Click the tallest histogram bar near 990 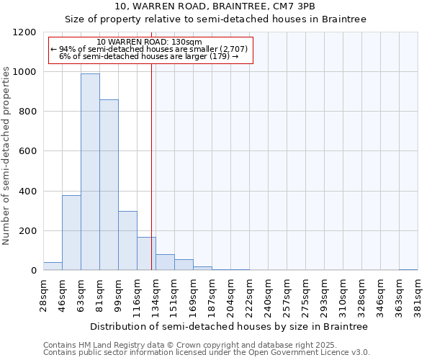tap(90, 172)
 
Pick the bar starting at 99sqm tap(127, 240)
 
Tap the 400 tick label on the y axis tap(28, 192)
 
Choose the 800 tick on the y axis tap(28, 112)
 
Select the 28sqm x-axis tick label tap(44, 294)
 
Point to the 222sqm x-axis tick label tap(250, 295)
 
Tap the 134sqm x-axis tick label tap(156, 295)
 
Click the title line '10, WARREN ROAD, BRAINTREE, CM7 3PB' tap(215, 6)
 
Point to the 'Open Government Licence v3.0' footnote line tap(206, 353)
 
